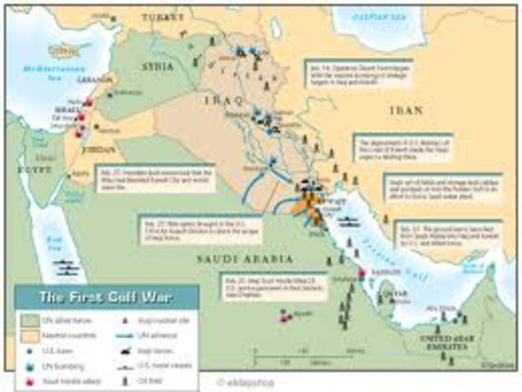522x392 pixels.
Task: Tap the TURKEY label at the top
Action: [x=160, y=16]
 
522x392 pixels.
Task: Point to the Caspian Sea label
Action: [x=379, y=18]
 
